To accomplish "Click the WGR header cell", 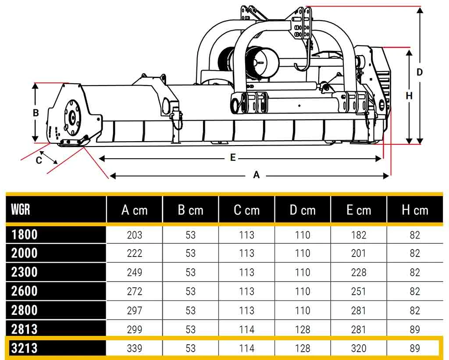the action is [x=21, y=209].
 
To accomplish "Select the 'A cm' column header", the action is [x=134, y=210].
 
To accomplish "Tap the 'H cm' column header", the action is [x=415, y=210].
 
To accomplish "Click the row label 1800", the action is [x=25, y=235].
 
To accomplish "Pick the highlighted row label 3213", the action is [x=25, y=348].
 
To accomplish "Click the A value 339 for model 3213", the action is [x=134, y=348].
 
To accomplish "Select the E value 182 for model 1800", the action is [x=359, y=235].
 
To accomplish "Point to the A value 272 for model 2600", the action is [x=134, y=292].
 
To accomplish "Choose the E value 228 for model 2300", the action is [x=359, y=272].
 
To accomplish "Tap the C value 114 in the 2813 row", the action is [x=246, y=330].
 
